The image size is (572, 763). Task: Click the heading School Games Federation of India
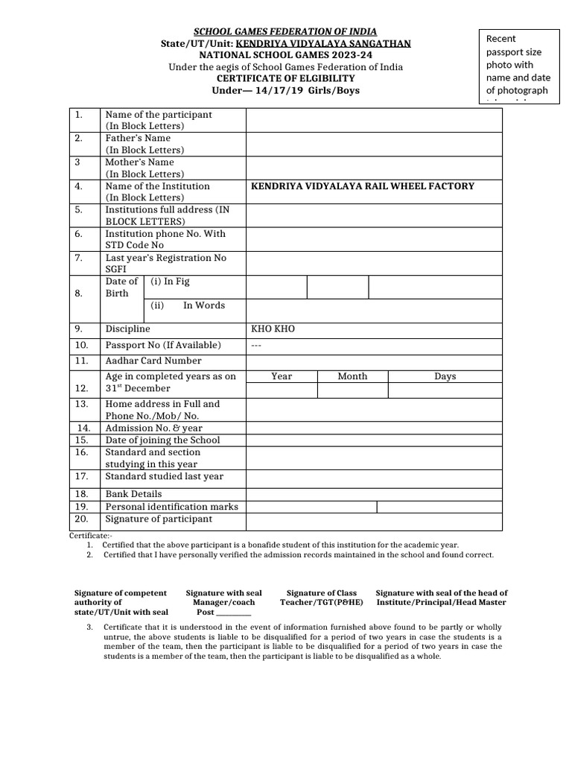pyautogui.click(x=285, y=31)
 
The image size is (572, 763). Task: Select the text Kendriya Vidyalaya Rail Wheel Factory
pyautogui.click(x=362, y=186)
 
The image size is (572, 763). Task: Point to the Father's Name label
pyautogui.click(x=138, y=138)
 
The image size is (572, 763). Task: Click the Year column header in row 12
pyautogui.click(x=282, y=376)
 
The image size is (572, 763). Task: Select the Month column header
pyautogui.click(x=352, y=376)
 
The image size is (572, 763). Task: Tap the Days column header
pyautogui.click(x=445, y=376)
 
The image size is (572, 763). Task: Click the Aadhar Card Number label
pyautogui.click(x=153, y=361)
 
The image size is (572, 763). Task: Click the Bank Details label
pyautogui.click(x=133, y=494)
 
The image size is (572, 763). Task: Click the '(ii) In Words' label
pyautogui.click(x=188, y=305)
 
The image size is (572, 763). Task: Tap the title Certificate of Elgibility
pyautogui.click(x=285, y=78)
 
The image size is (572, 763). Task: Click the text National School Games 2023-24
pyautogui.click(x=285, y=55)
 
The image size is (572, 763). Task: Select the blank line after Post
pyautogui.click(x=234, y=612)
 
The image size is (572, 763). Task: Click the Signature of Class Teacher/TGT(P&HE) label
pyautogui.click(x=321, y=598)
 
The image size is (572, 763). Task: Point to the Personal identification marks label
pyautogui.click(x=171, y=507)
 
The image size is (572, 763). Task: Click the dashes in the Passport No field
pyautogui.click(x=257, y=345)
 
